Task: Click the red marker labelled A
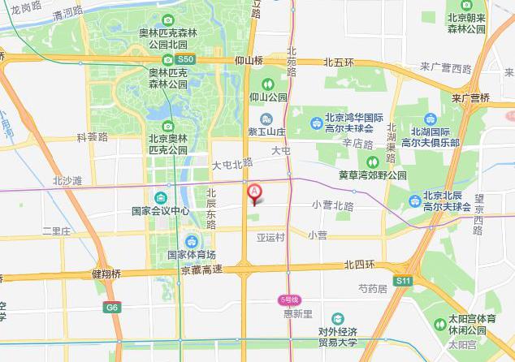pyautogui.click(x=254, y=192)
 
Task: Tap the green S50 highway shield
pyautogui.click(x=185, y=60)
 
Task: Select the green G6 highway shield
pyautogui.click(x=111, y=308)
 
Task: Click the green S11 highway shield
pyautogui.click(x=404, y=281)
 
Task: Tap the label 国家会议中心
pyautogui.click(x=160, y=211)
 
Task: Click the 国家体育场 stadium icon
pyautogui.click(x=192, y=241)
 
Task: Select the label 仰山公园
pyautogui.click(x=268, y=97)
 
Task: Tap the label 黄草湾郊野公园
pyautogui.click(x=373, y=174)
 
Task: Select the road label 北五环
pyautogui.click(x=340, y=62)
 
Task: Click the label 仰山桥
pyautogui.click(x=249, y=61)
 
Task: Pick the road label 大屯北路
pyautogui.click(x=232, y=165)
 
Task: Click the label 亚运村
pyautogui.click(x=270, y=237)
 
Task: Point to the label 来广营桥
pyautogui.click(x=471, y=97)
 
